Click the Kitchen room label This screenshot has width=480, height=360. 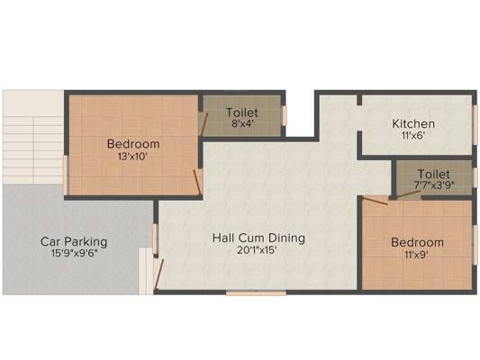(x=413, y=124)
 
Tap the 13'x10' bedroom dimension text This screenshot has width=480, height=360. (x=133, y=157)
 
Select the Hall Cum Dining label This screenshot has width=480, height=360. (x=258, y=238)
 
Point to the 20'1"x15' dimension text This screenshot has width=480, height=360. (x=258, y=250)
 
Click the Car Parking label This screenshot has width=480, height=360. (x=74, y=241)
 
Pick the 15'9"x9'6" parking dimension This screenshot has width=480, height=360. (x=74, y=253)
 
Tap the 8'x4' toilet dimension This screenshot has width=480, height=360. (x=242, y=124)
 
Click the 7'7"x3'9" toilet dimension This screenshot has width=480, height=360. (x=434, y=184)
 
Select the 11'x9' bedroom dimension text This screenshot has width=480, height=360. (x=416, y=255)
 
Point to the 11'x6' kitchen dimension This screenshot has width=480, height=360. (x=413, y=135)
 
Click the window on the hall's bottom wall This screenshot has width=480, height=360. (x=256, y=293)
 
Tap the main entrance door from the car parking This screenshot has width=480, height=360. (x=158, y=274)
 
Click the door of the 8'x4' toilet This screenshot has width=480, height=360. (x=203, y=124)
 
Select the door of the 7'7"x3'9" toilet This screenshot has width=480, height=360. (x=408, y=194)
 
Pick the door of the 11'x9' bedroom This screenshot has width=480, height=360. (x=375, y=201)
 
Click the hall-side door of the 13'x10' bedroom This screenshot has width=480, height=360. (x=198, y=183)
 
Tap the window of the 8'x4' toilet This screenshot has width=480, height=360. (x=285, y=115)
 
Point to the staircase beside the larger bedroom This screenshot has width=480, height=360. (x=33, y=150)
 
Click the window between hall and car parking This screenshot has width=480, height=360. (x=155, y=238)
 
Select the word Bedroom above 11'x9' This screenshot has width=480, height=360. (x=417, y=242)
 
